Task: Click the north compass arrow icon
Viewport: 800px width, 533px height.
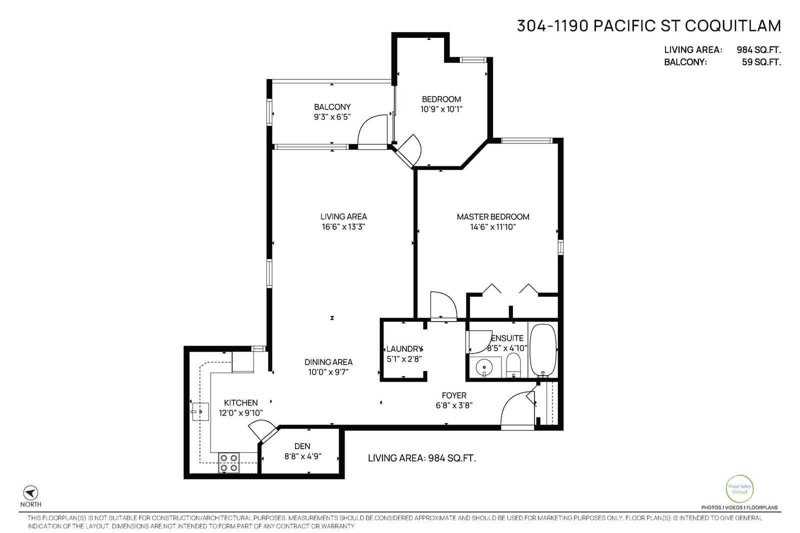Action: [30, 493]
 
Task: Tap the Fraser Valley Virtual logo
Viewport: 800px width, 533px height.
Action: [739, 489]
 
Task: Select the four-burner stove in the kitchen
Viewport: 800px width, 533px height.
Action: [228, 463]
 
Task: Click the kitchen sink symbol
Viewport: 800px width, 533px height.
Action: [200, 412]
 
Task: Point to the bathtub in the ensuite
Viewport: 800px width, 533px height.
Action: [542, 350]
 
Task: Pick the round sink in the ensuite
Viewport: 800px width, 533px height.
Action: [484, 367]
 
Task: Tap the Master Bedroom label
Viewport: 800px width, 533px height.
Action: [493, 217]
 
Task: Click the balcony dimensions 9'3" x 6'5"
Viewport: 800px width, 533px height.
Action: [332, 117]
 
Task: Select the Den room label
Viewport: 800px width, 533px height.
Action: [302, 446]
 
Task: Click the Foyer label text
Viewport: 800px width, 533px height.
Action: [454, 395]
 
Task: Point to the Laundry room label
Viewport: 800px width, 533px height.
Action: [404, 349]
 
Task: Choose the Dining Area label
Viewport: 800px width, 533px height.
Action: [328, 362]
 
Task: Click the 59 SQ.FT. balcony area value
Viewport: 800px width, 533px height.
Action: [761, 62]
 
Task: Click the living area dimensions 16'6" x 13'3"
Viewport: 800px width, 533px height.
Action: [343, 227]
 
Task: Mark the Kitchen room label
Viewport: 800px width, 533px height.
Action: [240, 403]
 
